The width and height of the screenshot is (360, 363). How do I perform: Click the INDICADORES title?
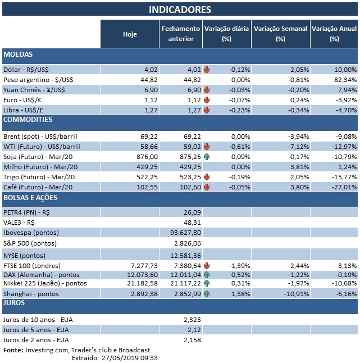[180, 10]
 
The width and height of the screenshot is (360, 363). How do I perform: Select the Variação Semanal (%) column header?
[280, 34]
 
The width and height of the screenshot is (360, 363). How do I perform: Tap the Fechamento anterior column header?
[180, 34]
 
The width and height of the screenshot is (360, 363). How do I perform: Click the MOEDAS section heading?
[19, 55]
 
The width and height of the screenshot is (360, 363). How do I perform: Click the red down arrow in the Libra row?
[207, 110]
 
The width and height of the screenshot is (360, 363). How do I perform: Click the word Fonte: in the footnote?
[13, 350]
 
